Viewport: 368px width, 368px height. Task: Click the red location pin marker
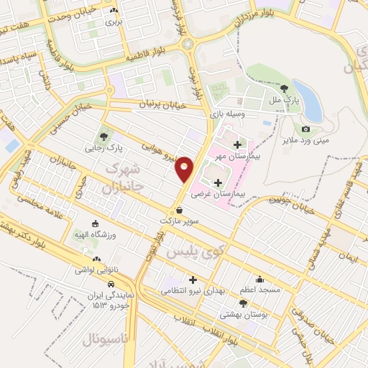pyautogui.click(x=185, y=168)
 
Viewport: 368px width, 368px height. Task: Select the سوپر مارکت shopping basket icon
pyautogui.click(x=178, y=211)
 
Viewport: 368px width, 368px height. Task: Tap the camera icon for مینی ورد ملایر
pyautogui.click(x=306, y=129)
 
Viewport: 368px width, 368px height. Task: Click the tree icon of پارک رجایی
pyautogui.click(x=105, y=136)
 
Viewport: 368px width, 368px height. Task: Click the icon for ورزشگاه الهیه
pyautogui.click(x=96, y=223)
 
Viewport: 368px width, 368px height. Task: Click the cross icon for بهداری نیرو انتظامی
pyautogui.click(x=193, y=279)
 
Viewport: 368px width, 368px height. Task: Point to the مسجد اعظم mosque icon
pyautogui.click(x=259, y=279)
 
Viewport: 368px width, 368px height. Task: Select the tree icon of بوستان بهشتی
pyautogui.click(x=243, y=303)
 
